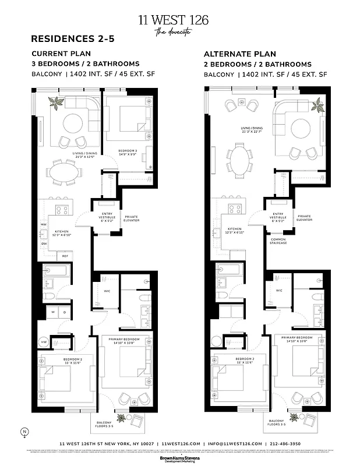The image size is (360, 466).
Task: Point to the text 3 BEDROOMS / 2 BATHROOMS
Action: [86, 63]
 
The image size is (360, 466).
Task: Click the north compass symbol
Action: [24, 432]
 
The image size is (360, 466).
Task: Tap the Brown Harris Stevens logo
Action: [179, 458]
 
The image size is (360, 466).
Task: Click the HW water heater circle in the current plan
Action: [43, 341]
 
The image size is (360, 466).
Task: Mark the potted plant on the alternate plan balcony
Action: [295, 417]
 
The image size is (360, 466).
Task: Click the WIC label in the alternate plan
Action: [279, 290]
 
